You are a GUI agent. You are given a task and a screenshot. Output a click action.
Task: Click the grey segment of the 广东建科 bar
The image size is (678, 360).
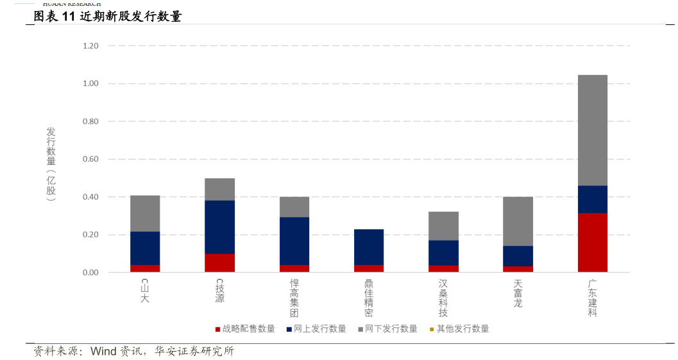[x=592, y=130]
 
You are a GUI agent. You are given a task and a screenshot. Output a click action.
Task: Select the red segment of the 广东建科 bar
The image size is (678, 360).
[x=592, y=243]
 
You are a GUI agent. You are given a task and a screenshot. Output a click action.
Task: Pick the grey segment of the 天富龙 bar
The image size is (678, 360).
[x=518, y=221]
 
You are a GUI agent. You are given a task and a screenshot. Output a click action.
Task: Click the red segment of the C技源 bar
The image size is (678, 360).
[x=219, y=263]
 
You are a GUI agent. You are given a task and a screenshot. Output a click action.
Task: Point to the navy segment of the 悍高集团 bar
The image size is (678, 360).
[x=294, y=241]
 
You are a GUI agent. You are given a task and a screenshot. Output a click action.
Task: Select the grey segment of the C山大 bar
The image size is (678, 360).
[x=145, y=214]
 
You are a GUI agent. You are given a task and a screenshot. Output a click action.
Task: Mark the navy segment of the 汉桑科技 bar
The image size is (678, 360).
[x=443, y=253]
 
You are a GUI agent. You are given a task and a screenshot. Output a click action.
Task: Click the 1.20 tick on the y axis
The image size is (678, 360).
[x=90, y=46]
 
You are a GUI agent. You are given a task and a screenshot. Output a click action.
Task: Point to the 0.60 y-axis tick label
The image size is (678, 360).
[x=90, y=159]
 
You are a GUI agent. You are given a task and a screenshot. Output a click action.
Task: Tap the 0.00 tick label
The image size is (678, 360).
[x=90, y=273]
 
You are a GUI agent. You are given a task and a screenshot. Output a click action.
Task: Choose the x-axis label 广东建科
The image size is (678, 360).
[x=592, y=298]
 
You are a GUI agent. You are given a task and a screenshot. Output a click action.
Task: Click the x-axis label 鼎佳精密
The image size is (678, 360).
[x=369, y=298]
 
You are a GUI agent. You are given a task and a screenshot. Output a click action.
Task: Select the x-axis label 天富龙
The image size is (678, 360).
[x=518, y=293]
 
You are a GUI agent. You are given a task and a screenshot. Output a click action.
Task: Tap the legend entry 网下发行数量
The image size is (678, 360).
[x=391, y=329]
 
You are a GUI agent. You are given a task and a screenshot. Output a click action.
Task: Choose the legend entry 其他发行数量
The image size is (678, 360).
[x=462, y=329]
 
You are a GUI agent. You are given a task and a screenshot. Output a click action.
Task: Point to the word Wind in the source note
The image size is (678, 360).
[x=103, y=352]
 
